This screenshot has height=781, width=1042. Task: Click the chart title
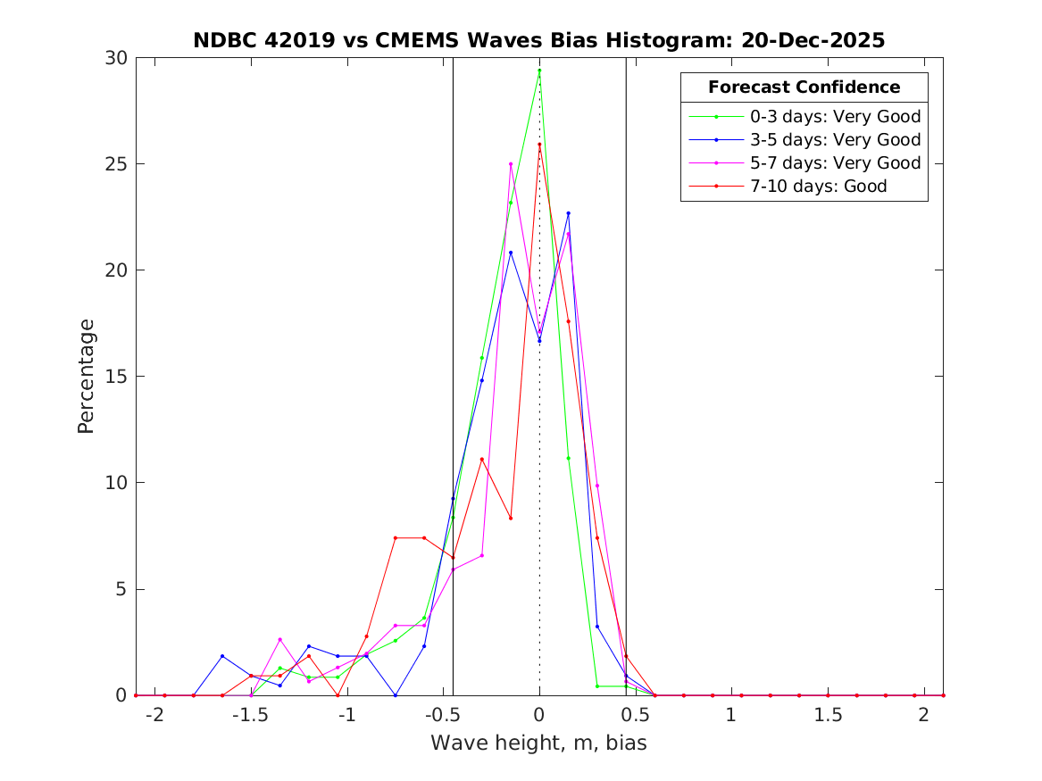pos(539,41)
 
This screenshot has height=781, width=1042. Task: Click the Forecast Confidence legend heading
pos(804,87)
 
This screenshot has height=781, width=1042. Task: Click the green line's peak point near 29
pos(539,71)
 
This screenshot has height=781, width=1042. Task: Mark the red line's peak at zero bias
pos(539,145)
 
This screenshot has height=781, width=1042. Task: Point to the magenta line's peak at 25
pos(511,164)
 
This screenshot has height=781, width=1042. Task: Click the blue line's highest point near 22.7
pos(568,213)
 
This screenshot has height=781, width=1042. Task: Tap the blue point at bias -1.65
pos(222,656)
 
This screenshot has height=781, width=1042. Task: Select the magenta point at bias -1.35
pos(279,639)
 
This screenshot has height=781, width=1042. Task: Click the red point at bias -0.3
pos(481,460)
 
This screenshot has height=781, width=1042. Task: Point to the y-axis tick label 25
pos(117,164)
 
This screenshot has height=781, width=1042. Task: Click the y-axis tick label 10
pos(117,483)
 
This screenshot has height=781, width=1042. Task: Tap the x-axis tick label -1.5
pos(251,716)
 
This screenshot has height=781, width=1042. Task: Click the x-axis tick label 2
pos(923,716)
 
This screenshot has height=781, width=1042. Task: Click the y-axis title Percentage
pos(86,376)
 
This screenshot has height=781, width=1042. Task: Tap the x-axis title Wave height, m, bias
pos(538,743)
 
